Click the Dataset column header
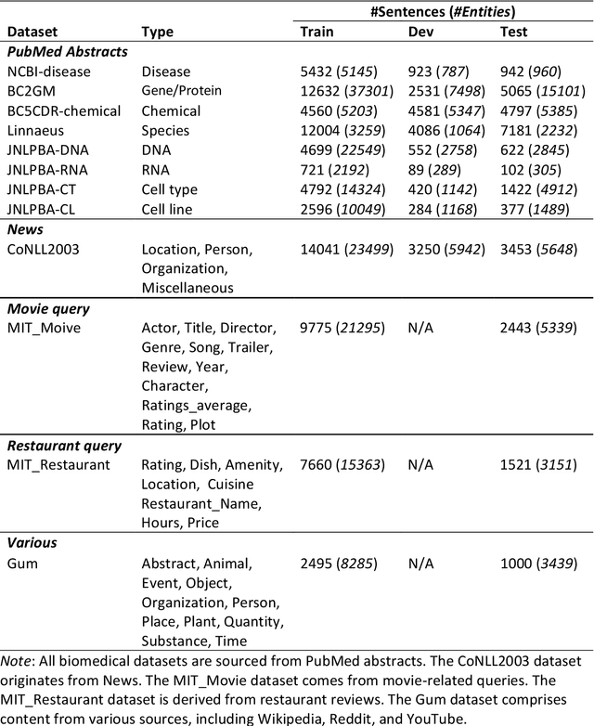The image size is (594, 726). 34,32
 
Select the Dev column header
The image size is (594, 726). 421,32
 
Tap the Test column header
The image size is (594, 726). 513,32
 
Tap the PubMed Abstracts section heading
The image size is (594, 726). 67,51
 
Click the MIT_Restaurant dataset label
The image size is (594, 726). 58,465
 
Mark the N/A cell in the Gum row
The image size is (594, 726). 421,563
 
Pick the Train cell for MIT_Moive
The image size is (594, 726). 342,327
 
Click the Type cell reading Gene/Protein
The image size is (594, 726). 182,91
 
